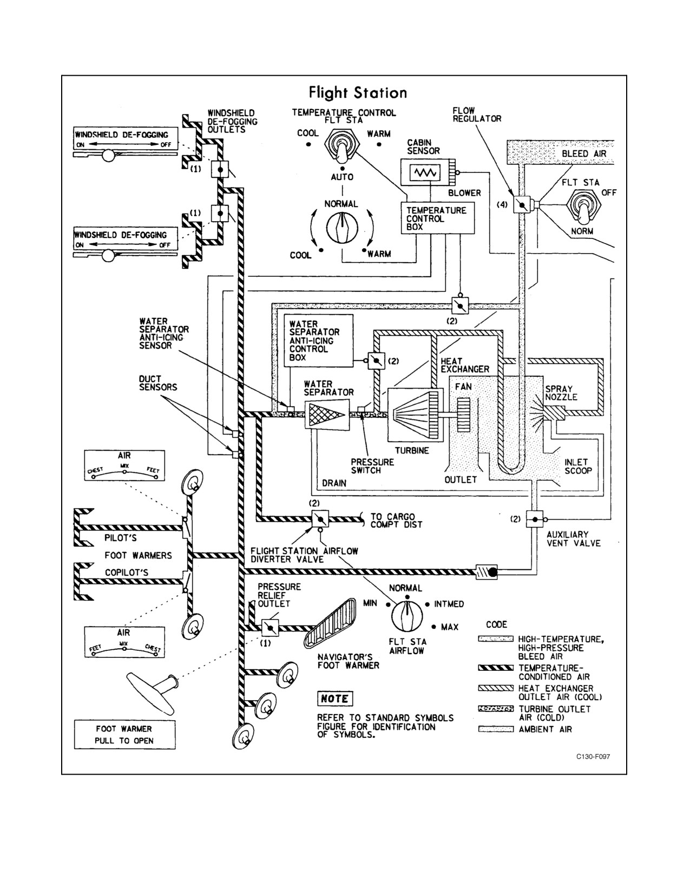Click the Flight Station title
coord(358,93)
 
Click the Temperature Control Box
coord(438,218)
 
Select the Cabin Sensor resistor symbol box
coord(425,172)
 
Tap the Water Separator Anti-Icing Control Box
coord(319,341)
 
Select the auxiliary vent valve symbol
coord(535,520)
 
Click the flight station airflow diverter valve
coord(320,519)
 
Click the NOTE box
coord(335,698)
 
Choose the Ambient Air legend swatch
coord(496,729)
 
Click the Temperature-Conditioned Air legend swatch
coord(496,668)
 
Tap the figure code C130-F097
coord(593,756)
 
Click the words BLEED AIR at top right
coord(584,154)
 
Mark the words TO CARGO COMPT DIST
coord(396,520)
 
